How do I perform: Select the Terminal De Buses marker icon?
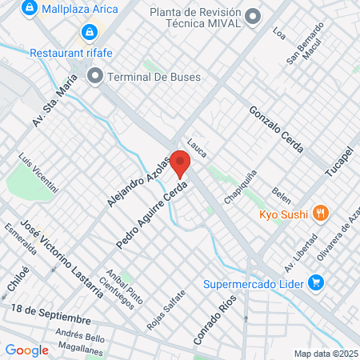pos(95,77)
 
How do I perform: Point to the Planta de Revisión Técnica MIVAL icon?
pos(254,16)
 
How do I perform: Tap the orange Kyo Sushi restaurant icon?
pos(320,214)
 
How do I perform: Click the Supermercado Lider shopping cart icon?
pos(316,282)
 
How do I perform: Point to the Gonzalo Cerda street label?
pos(276,129)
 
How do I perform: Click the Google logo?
pos(26,350)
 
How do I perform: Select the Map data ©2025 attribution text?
pos(326,354)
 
